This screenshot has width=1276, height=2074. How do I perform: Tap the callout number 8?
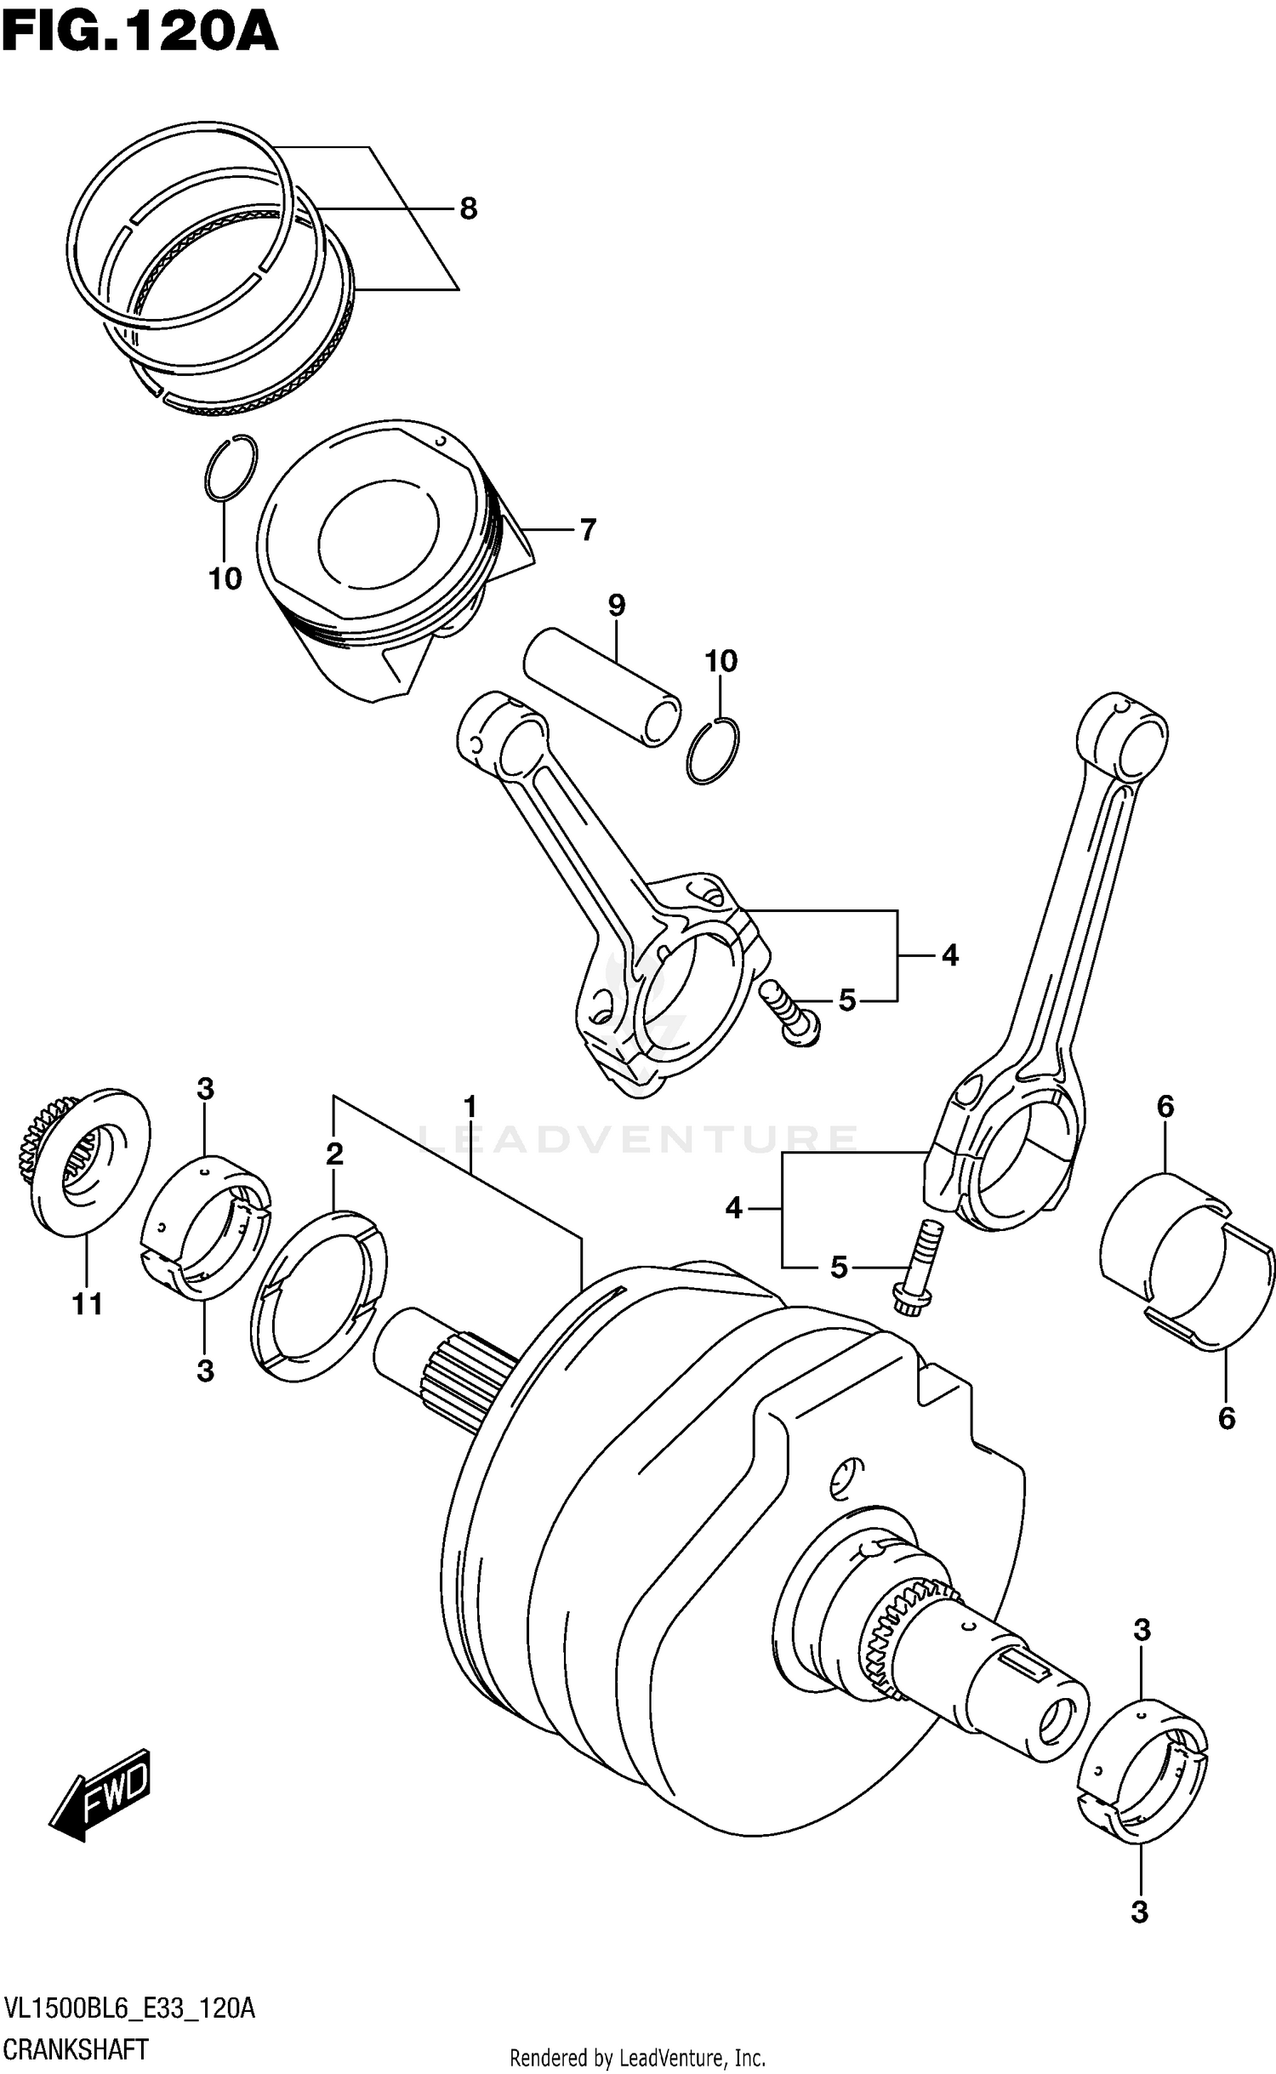click(x=469, y=208)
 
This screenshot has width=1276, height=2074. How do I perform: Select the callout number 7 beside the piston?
click(x=587, y=530)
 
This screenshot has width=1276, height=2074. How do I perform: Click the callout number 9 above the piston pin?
click(x=617, y=606)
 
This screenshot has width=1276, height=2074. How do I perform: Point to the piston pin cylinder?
click(x=602, y=687)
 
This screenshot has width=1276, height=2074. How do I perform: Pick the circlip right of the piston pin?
click(x=713, y=750)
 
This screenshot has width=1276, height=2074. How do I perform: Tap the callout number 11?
click(x=87, y=1303)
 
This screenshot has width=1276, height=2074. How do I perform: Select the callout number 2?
click(x=334, y=1154)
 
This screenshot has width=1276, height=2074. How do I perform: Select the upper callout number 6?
click(x=1165, y=1107)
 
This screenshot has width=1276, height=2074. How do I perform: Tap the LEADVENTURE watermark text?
click(x=638, y=1138)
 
